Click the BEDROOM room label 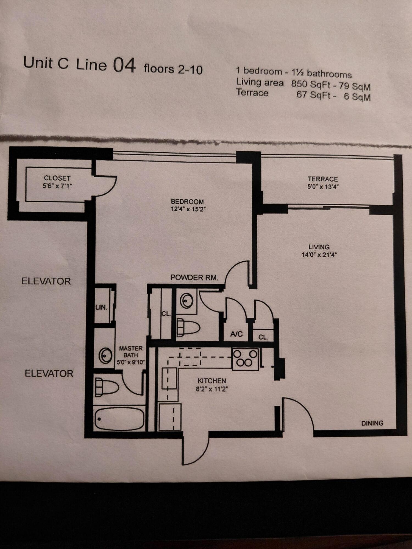tap(187, 201)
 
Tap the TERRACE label tap(323, 179)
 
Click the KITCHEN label tap(212, 381)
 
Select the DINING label tap(372, 423)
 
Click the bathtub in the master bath tap(120, 419)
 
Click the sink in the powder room tap(186, 301)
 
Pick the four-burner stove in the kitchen tap(245, 359)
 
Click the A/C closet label tap(236, 334)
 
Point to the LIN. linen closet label tap(101, 307)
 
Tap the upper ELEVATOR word tap(46, 281)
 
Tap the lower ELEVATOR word tap(49, 374)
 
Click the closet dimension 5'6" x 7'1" tap(57, 186)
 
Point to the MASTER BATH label tap(131, 352)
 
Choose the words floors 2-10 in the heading tap(173, 69)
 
